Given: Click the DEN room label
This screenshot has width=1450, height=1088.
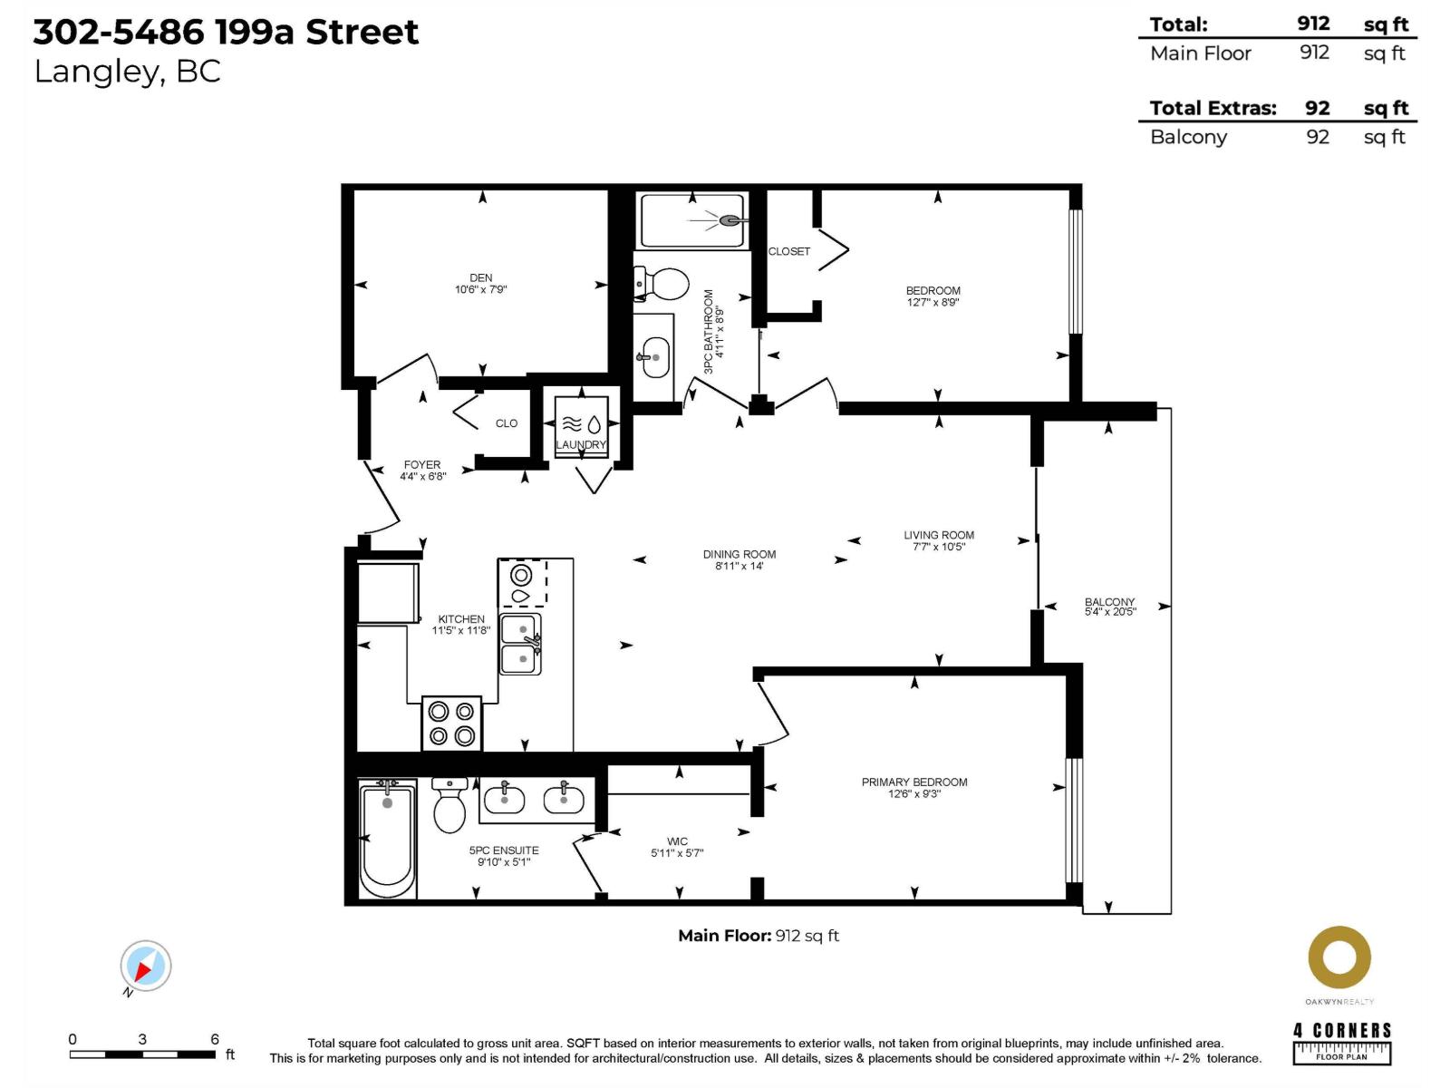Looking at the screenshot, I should click(481, 278).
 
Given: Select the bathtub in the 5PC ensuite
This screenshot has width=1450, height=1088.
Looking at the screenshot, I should click(387, 839).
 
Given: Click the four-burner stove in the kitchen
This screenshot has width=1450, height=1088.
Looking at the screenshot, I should click(452, 724).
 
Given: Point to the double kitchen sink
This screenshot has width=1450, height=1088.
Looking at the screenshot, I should click(520, 644).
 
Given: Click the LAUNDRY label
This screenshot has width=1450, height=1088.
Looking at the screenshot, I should click(581, 445).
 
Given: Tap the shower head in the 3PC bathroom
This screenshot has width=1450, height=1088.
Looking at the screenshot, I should click(730, 220).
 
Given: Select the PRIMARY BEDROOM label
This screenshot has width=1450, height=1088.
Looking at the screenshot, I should click(913, 782).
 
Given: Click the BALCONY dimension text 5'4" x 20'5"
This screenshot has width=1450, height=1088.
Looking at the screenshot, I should click(1109, 612).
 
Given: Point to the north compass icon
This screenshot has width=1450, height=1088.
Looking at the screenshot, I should click(145, 967).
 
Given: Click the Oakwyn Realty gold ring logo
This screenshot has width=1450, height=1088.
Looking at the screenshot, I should click(1339, 957).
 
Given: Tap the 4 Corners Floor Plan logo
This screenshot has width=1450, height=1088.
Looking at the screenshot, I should click(1341, 1043).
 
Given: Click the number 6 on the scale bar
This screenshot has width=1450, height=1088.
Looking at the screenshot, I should click(215, 1039).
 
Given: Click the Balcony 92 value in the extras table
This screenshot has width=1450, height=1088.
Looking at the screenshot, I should click(1317, 137).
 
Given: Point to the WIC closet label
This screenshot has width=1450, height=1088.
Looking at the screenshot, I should click(677, 841).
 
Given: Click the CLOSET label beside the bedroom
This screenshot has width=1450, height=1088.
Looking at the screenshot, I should click(789, 251).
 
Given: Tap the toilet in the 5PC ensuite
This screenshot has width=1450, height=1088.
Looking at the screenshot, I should click(449, 807).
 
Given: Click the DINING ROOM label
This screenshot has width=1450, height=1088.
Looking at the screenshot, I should click(739, 554).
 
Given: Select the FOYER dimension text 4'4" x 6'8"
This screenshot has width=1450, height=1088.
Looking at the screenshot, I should click(422, 476).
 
